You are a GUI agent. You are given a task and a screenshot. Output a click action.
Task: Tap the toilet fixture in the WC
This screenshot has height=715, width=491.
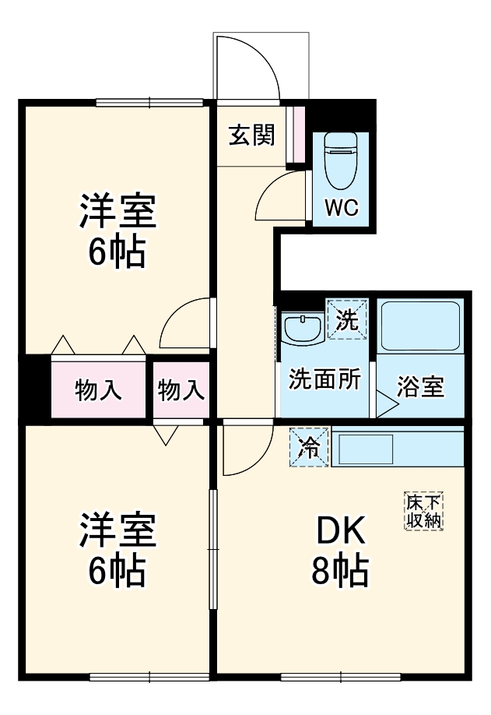click(x=340, y=161)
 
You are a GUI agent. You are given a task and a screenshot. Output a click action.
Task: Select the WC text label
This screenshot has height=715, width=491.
click(x=341, y=208)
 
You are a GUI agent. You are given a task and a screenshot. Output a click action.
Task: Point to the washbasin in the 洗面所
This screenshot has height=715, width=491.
click(x=302, y=328)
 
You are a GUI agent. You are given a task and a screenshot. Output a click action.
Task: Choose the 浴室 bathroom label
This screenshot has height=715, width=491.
click(x=421, y=387)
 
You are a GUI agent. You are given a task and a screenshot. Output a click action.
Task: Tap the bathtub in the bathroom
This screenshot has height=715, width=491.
click(x=420, y=325)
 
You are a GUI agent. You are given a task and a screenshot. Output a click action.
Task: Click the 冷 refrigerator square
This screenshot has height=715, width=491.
click(x=309, y=447)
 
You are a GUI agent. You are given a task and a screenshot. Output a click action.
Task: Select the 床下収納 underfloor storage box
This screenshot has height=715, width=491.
click(x=424, y=511)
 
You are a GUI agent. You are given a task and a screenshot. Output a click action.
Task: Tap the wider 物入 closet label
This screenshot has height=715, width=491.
click(x=98, y=389)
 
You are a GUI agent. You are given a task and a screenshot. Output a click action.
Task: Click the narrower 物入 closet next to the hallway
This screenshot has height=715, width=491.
click(x=181, y=389)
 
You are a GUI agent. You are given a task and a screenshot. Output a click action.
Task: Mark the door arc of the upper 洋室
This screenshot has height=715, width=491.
click(x=184, y=322)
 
